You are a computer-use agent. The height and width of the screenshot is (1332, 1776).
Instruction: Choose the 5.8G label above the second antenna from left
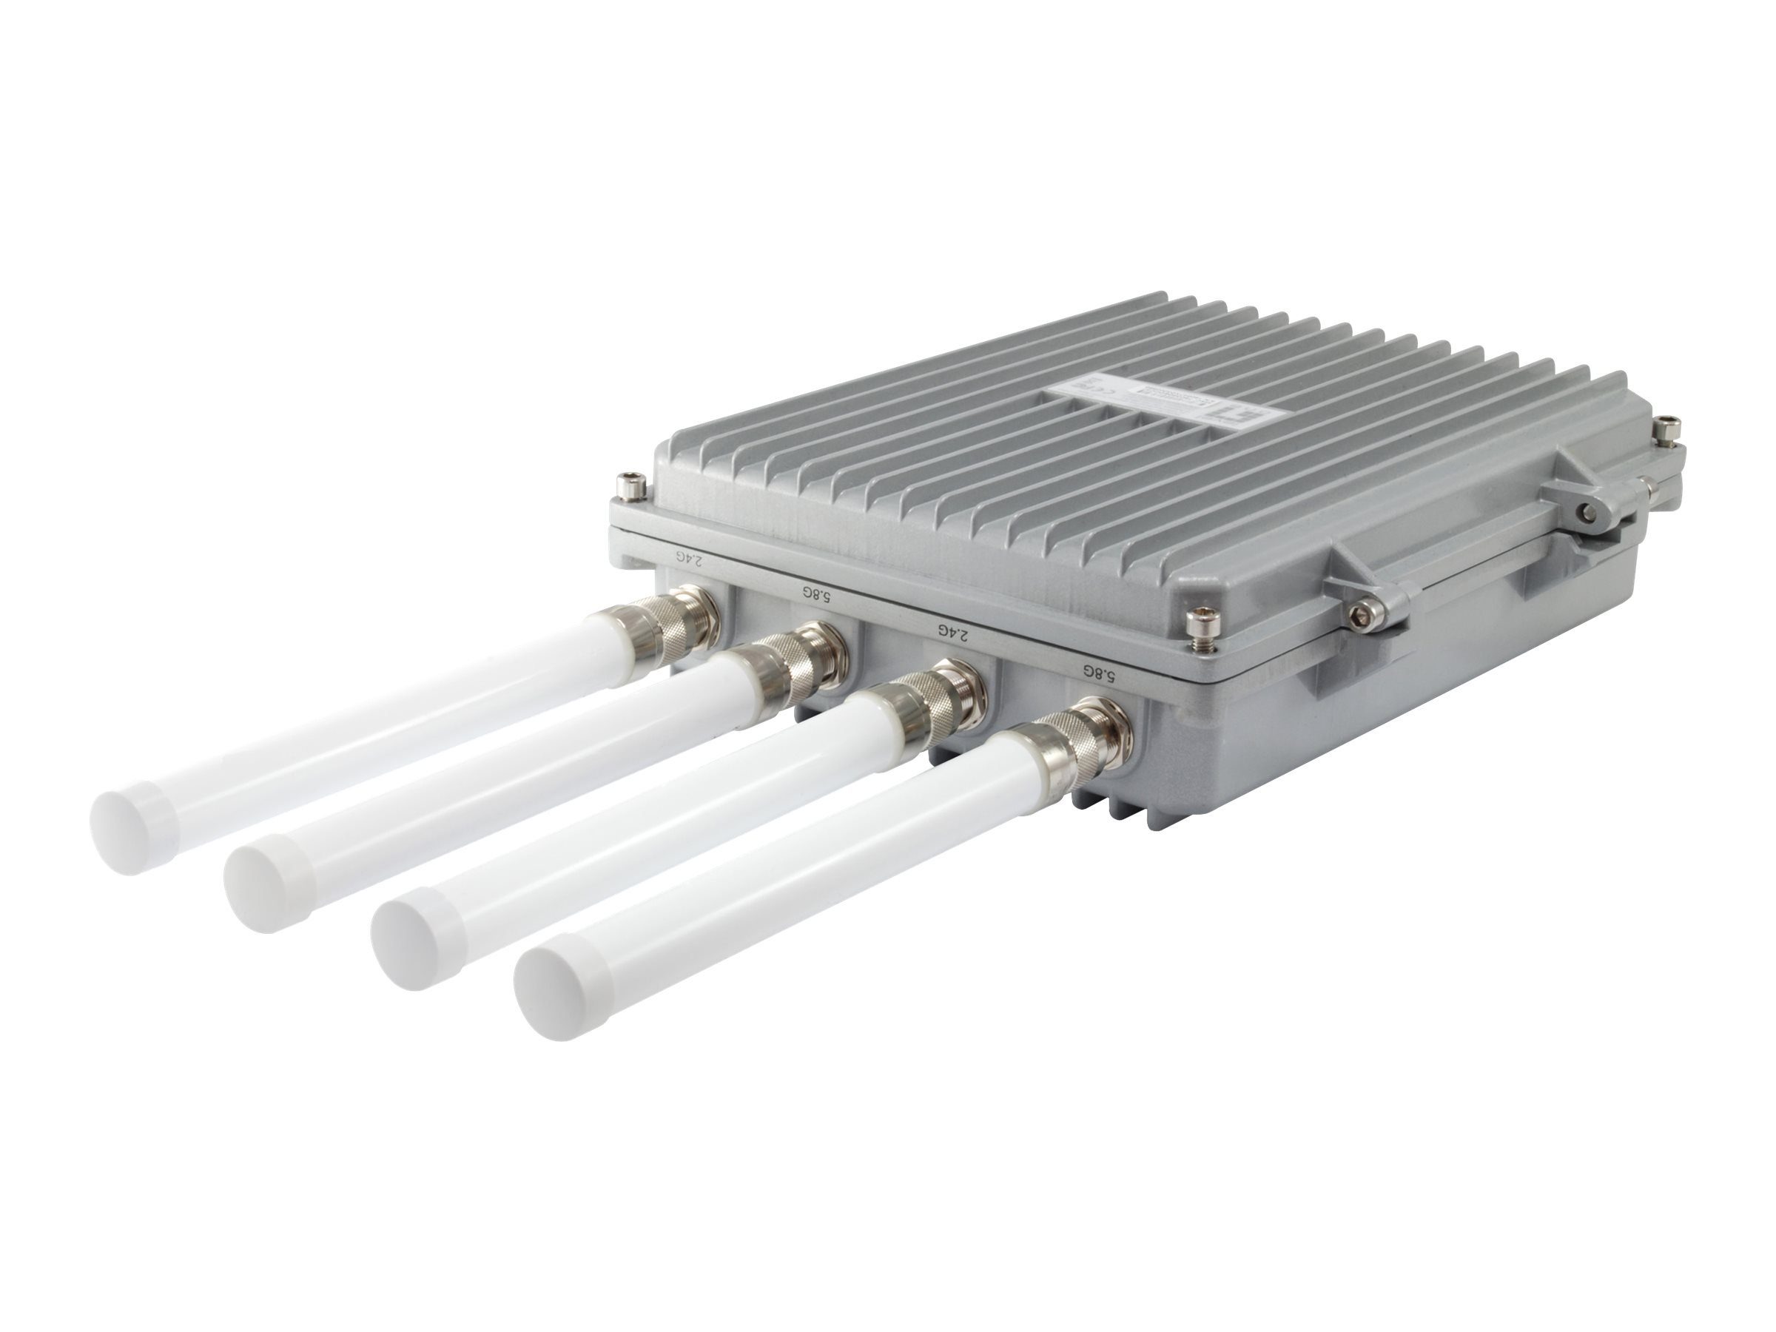point(815,594)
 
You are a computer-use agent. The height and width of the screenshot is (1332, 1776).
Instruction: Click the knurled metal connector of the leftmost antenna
point(682,616)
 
